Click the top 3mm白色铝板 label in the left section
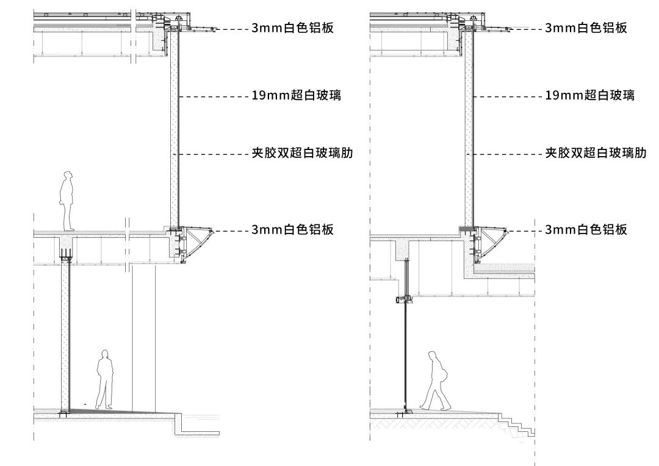pos(292,28)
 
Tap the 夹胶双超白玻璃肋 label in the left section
pos(302,154)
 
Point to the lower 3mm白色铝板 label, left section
pos(292,230)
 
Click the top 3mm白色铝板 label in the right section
pos(586,28)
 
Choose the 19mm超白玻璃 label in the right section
pos(589,96)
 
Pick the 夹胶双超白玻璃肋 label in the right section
pos(596,154)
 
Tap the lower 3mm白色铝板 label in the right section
pos(586,230)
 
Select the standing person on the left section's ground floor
pos(104,379)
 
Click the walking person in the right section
pos(436,381)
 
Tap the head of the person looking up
pos(68,177)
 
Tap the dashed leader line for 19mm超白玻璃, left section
pos(214,96)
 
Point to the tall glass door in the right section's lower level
pos(405,354)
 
